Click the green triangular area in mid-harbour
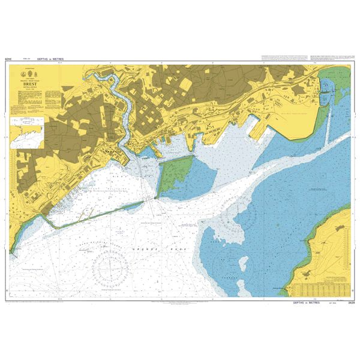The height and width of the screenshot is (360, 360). click(x=176, y=175)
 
